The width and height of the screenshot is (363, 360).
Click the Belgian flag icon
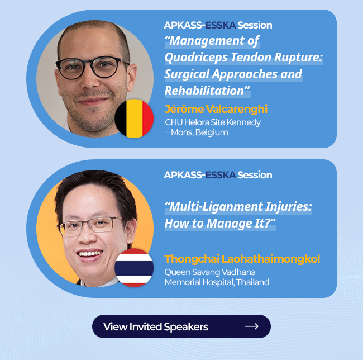pos(134,119)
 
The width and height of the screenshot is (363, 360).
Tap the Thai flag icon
pos(134,268)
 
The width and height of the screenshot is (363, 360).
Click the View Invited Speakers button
pos(181,326)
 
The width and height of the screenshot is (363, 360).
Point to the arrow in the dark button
pos(252,326)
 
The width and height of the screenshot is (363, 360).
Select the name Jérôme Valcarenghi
pos(216,109)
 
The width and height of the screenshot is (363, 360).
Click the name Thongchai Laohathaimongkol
pos(242,259)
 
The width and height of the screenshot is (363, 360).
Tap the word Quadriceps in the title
pos(196,58)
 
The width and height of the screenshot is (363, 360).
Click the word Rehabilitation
pos(204,91)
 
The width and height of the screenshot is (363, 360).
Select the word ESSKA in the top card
pos(221,25)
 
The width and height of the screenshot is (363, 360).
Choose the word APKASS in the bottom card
pos(183,175)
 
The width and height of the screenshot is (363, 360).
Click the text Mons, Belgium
pos(199,132)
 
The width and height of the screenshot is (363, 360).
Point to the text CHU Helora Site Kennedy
pos(213,122)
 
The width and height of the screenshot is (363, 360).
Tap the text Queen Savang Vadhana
pos(210,272)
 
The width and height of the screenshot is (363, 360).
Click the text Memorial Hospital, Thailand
pos(217,282)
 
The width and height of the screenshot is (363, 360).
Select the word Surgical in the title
pos(187,74)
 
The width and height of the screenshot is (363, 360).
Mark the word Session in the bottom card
pos(255,175)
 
